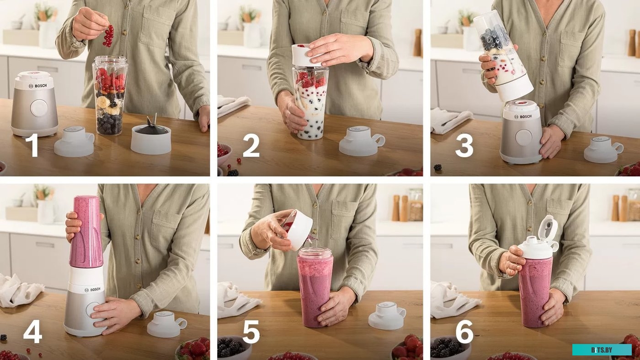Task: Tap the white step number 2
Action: (x=251, y=145)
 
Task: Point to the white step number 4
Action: (x=32, y=331)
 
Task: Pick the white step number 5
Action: (x=251, y=332)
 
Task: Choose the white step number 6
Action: (x=464, y=332)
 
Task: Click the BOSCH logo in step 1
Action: (x=37, y=86)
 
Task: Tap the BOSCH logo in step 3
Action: (x=523, y=116)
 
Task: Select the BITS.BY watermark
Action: (x=602, y=350)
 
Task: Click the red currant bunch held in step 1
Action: (x=108, y=36)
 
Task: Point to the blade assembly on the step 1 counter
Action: (x=151, y=136)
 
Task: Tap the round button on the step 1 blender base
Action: (x=39, y=108)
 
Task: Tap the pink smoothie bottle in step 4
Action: (x=86, y=232)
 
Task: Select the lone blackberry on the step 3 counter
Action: (x=437, y=167)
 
